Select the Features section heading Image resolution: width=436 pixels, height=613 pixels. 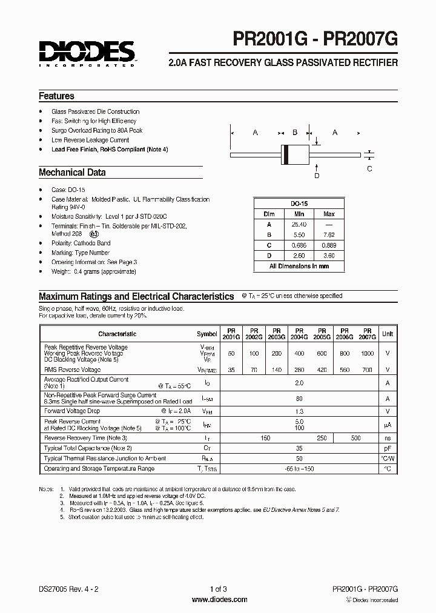56,96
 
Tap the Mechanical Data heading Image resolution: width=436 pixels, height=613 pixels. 72,173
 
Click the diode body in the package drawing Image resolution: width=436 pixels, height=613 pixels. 295,154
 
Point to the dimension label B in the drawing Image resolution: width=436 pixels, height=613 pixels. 295,133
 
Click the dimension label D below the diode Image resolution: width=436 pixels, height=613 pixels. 316,176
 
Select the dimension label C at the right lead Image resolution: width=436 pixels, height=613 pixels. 370,169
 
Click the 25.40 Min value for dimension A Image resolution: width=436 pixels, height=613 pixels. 299,224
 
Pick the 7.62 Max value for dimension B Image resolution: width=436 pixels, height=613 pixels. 329,234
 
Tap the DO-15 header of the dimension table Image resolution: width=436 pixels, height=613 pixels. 299,204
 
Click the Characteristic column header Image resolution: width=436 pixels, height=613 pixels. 117,334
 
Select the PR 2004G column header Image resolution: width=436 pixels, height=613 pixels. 299,334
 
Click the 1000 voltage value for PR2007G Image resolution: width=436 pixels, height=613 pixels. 367,353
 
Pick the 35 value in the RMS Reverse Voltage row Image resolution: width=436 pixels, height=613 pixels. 231,369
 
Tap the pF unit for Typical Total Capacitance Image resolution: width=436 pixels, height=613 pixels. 387,448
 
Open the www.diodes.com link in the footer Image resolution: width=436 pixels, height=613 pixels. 219,600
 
